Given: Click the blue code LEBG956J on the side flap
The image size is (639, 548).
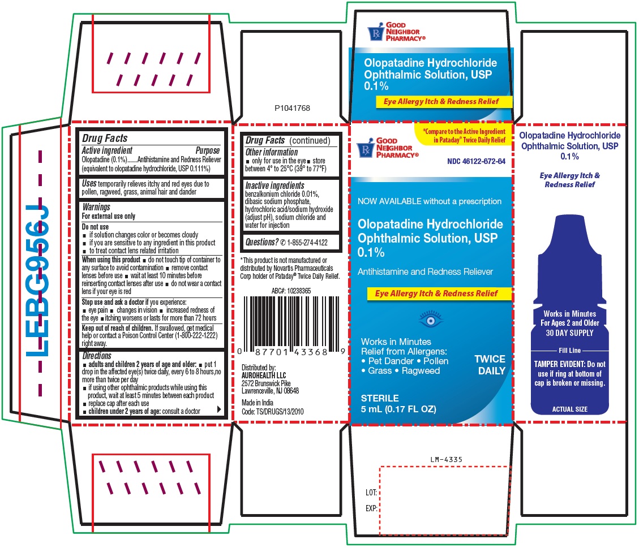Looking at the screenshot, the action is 37,281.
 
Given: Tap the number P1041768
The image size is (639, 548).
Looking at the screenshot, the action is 292,108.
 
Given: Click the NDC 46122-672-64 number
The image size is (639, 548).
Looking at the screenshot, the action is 476,161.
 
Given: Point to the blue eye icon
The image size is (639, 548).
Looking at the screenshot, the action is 430,320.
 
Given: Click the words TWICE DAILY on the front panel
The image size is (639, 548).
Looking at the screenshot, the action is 490,365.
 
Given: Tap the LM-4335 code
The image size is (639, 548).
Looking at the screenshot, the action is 446,460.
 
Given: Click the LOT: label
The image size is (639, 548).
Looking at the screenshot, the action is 371,493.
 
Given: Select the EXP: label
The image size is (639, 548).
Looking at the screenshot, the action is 371,508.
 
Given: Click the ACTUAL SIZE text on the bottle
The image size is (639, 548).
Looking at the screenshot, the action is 570,409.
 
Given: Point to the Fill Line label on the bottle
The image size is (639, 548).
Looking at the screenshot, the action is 570,351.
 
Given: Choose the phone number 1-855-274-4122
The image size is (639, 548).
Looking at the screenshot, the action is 307,243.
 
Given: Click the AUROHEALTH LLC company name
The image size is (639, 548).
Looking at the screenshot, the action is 264,376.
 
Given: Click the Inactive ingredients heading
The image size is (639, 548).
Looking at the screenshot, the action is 275,185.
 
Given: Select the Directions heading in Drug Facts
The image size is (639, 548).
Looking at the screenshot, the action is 97,356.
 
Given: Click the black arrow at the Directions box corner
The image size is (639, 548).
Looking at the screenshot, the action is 219,409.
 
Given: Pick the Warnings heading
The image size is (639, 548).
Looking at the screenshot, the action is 96,207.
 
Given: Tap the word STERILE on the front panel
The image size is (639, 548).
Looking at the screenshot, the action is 380,398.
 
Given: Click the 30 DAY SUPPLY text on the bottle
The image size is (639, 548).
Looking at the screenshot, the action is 570,333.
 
